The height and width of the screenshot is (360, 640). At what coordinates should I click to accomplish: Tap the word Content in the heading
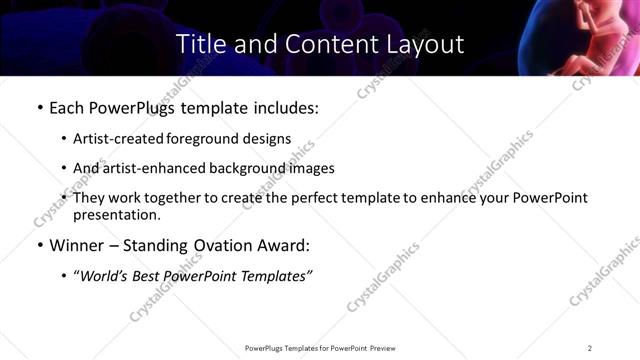[319, 45]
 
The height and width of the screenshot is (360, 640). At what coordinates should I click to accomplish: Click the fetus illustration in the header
[592, 40]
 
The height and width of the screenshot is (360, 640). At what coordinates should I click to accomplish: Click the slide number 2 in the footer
[590, 348]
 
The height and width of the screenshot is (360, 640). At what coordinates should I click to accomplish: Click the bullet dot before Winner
[40, 245]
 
